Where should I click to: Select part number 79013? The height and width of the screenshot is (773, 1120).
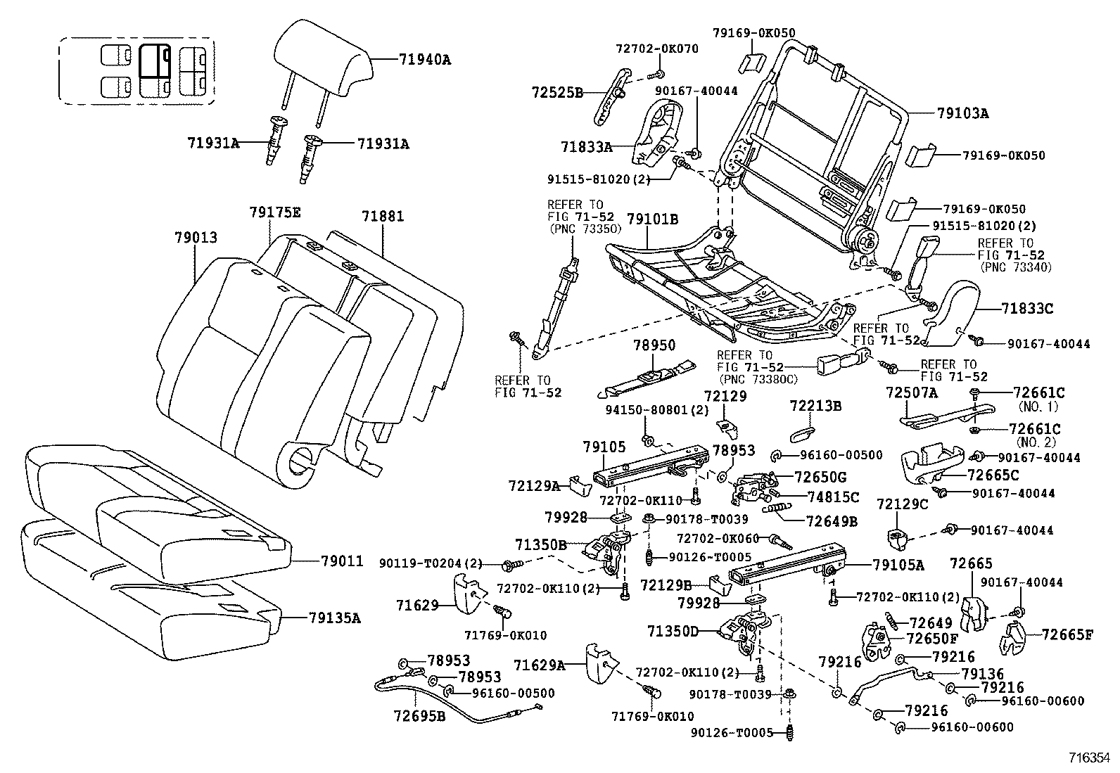point(196,239)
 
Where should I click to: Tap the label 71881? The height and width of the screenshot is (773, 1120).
point(383,216)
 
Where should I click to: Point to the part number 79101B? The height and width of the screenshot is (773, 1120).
point(652,219)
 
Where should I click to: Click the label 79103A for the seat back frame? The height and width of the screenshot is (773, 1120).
point(962,113)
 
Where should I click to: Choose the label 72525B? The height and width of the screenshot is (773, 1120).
point(557,92)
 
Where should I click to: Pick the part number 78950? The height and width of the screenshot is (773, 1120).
point(654,345)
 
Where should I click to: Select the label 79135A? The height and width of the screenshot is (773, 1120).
point(334,618)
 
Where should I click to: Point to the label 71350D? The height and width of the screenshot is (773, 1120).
point(673,632)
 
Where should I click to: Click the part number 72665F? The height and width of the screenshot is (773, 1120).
point(1067,635)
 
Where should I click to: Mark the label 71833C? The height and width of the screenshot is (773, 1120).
point(1027,308)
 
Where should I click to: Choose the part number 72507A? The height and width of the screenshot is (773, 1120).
point(911,393)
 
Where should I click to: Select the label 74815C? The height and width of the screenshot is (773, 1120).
point(834,497)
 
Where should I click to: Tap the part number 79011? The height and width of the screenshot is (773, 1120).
point(342,561)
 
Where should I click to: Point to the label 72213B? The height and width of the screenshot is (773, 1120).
point(815,407)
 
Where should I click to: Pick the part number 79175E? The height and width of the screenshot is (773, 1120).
point(274,212)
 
